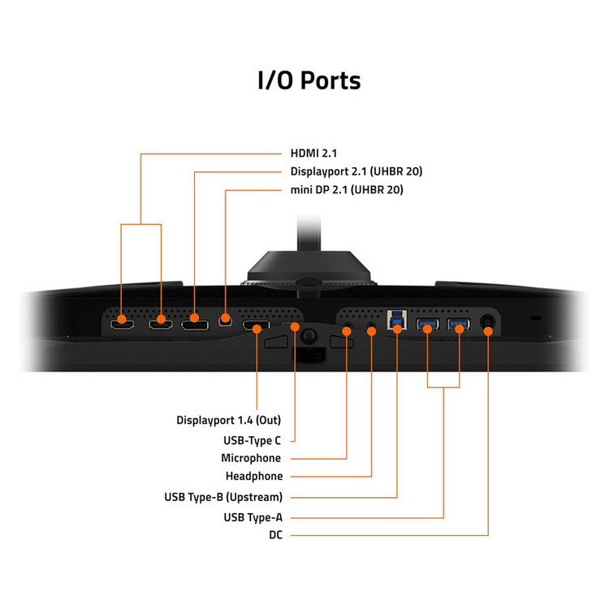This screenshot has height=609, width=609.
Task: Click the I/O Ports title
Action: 309,80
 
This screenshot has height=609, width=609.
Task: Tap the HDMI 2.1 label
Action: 313,153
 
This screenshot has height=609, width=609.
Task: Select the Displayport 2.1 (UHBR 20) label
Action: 356,171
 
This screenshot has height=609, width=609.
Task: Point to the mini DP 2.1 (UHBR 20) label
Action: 347,190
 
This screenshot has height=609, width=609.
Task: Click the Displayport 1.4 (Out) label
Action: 228,421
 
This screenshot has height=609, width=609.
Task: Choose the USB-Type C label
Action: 252,440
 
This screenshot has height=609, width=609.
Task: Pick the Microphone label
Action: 251,458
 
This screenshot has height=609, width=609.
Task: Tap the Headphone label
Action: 254,476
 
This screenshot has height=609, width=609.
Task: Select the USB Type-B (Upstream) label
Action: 223,497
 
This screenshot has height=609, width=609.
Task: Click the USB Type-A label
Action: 253,517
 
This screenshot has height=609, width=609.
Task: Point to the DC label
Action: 275,535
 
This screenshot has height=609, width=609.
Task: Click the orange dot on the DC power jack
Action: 488,331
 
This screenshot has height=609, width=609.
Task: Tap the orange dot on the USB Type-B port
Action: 397,330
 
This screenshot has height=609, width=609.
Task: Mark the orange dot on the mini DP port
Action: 225,318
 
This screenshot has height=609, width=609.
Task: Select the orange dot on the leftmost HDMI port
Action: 122,319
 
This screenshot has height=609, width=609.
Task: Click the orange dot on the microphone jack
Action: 347,331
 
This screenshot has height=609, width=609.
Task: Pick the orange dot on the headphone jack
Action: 371,331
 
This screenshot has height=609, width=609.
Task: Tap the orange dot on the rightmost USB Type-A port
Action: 459,330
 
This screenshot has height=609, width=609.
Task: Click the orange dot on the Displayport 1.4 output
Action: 257,330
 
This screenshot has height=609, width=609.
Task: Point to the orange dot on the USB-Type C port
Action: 295,326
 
